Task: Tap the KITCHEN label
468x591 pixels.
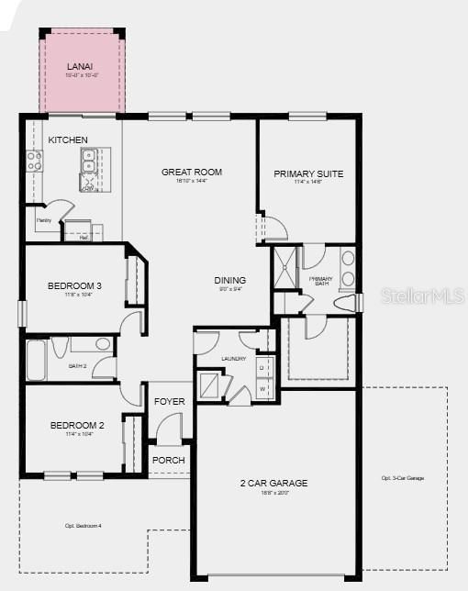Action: coord(68,139)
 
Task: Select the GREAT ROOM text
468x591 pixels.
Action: coord(192,172)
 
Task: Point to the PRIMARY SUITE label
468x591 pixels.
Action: coord(308,173)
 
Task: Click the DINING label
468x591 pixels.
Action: coord(229,281)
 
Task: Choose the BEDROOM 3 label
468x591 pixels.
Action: coord(74,285)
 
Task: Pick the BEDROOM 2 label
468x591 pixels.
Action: coord(77,425)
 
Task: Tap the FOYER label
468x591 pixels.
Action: coord(169,402)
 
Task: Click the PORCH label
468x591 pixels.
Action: coord(169,460)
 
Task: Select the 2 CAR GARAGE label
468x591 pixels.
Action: coord(273,483)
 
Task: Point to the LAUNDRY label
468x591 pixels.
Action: coord(233,359)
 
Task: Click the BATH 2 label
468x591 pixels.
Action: coord(78,365)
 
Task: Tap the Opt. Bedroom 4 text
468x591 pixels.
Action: coord(83,526)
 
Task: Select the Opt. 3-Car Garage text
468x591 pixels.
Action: coord(402,478)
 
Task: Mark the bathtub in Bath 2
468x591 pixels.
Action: coord(35,360)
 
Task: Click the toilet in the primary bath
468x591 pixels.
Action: coord(347,303)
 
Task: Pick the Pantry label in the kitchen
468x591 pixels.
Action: coord(43,220)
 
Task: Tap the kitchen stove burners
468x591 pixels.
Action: coord(34,162)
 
